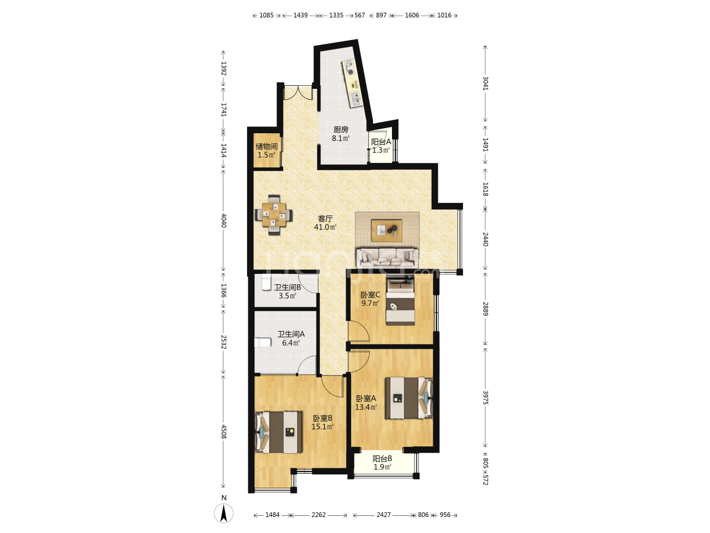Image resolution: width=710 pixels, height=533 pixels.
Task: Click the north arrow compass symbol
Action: click(223, 513)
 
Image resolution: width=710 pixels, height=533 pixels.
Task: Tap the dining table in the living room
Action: click(274, 214)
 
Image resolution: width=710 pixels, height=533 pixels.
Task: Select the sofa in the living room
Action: click(387, 258)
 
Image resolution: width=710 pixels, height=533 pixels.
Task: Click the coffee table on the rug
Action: click(387, 230)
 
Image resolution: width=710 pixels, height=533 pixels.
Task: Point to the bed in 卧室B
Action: click(279, 432)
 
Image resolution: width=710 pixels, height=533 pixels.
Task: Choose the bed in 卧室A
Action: click(409, 398)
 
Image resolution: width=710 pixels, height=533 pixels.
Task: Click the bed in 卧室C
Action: click(400, 301)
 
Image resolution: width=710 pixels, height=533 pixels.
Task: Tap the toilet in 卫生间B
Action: click(266, 282)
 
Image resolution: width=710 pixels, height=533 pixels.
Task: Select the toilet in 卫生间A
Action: click(263, 343)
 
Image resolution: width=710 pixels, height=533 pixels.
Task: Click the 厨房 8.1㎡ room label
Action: click(341, 134)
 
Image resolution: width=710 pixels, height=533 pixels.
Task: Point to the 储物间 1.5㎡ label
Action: click(267, 151)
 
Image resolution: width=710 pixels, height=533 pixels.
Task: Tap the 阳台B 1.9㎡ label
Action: click(382, 463)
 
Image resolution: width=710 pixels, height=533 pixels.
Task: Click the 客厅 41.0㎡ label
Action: click(325, 223)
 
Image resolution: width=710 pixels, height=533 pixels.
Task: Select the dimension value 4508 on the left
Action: click(223, 432)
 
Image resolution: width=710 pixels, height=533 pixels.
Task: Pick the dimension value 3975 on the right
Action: click(485, 398)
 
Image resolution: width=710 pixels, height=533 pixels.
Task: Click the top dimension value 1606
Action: click(412, 15)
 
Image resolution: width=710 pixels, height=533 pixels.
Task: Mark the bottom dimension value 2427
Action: click(383, 515)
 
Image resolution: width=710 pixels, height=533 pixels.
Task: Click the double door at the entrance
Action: click(298, 93)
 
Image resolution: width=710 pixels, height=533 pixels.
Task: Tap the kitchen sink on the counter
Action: click(355, 99)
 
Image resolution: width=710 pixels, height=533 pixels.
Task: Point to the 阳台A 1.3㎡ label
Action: click(381, 146)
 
